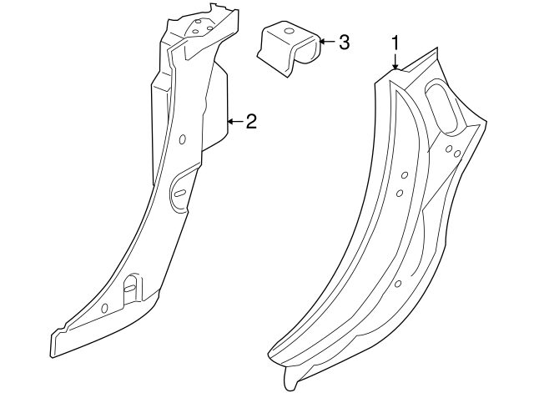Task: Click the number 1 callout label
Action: (396, 43)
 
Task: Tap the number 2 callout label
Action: (250, 123)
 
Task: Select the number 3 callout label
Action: (344, 42)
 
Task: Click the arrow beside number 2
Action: (234, 123)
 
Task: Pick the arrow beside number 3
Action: (326, 42)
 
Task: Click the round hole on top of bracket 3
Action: (290, 33)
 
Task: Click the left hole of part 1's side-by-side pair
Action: (448, 149)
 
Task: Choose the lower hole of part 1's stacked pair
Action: (400, 194)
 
